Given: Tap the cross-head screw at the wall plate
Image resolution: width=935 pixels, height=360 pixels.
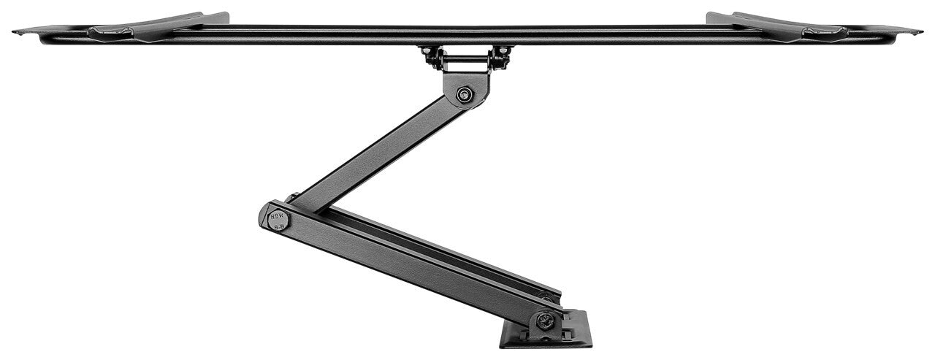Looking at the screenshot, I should click(x=545, y=320).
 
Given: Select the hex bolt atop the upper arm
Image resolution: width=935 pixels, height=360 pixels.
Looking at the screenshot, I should click(x=464, y=94).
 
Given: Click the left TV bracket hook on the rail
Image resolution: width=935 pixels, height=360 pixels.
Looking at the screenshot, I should click(x=110, y=33).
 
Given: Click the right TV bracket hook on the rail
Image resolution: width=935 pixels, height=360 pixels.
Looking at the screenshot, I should click(x=825, y=33).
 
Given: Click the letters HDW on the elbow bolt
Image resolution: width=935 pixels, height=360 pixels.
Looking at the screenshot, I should click(x=278, y=215).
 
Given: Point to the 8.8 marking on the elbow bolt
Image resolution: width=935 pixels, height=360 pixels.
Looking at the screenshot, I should click(x=278, y=226).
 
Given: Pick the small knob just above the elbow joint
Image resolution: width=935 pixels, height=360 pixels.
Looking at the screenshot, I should click(x=292, y=197).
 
